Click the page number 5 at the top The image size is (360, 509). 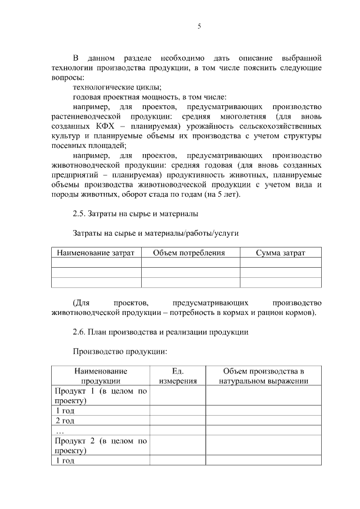[x=199, y=26]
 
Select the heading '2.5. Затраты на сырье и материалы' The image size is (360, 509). [x=135, y=214]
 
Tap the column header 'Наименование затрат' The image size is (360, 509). [x=96, y=253]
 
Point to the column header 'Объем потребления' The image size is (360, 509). [x=189, y=253]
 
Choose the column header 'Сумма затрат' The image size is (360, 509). [x=280, y=253]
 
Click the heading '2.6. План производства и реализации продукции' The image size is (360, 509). [x=160, y=332]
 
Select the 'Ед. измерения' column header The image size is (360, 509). [x=178, y=376]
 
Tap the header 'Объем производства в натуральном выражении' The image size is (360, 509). [x=263, y=376]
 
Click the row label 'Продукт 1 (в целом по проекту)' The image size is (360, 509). [x=100, y=396]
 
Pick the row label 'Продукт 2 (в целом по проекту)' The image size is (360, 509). [x=100, y=445]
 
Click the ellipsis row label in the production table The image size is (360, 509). [x=60, y=430]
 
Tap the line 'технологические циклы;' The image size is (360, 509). [x=117, y=87]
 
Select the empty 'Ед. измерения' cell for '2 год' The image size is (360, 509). [x=178, y=421]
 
